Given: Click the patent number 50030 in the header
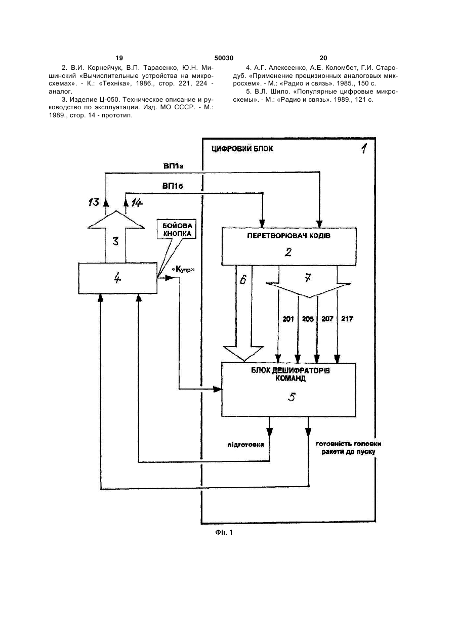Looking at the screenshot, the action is [224, 58].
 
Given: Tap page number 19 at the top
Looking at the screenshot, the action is [119, 58].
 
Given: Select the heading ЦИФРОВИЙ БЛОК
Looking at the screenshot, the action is [242, 149].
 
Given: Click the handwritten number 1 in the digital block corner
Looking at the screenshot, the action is [364, 148].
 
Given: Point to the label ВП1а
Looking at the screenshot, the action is [174, 166].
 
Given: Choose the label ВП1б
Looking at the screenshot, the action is [173, 186].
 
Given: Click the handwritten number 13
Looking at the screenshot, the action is [94, 202].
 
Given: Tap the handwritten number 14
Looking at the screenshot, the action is [137, 203].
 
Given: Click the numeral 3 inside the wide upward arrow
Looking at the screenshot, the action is [115, 241].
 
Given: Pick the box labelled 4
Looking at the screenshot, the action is [117, 278].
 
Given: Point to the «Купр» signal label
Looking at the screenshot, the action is [183, 270].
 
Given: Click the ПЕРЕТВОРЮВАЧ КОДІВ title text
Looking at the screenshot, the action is [289, 236].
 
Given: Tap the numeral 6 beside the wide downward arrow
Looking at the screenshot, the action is [243, 279].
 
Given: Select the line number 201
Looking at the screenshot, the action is [288, 319].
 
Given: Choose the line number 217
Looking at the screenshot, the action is [347, 319].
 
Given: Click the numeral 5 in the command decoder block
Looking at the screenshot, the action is [292, 397].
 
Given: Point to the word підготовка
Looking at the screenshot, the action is [245, 445].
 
